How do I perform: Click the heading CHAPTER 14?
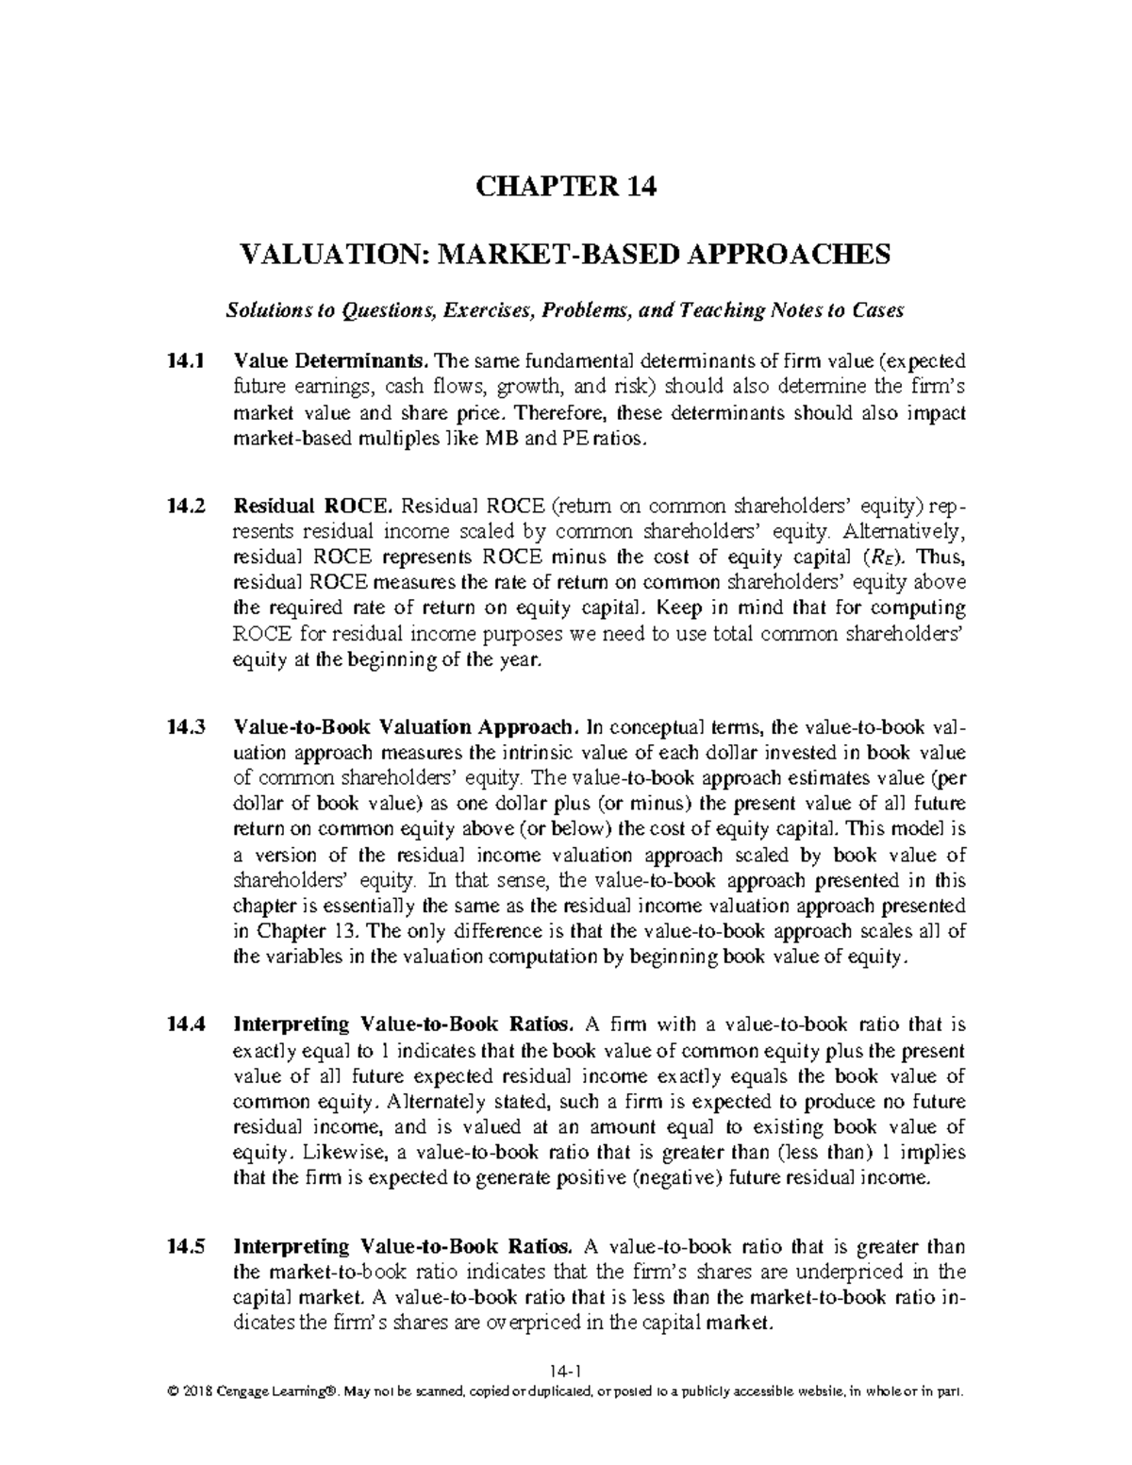(x=566, y=188)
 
